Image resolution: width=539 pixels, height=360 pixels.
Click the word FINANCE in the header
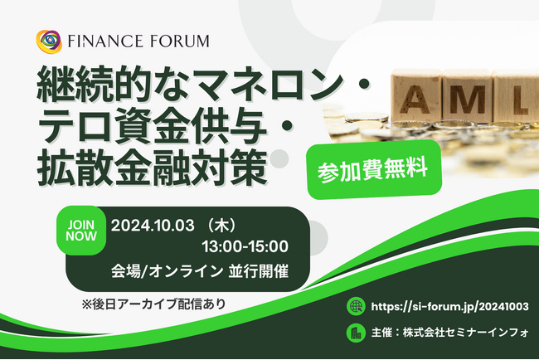[x=104, y=41]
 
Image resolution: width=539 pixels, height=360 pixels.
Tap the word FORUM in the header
[x=176, y=41]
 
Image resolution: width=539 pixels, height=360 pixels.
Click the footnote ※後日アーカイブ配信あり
[x=153, y=304]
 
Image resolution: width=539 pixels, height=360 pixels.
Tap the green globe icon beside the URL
[x=357, y=305]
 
